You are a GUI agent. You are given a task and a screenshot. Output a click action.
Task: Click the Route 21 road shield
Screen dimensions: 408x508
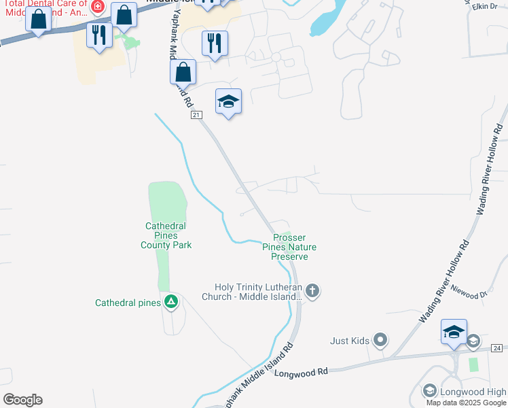196,116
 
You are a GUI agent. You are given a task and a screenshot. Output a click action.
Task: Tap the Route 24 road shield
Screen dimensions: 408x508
497,348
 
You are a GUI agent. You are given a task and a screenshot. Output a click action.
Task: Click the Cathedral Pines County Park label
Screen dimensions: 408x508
166,235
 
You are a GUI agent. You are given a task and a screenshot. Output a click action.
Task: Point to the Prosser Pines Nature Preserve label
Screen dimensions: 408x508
290,247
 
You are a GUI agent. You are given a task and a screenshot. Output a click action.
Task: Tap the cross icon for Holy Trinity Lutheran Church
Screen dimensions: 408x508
312,292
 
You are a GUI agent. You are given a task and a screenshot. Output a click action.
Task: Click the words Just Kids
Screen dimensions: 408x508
349,340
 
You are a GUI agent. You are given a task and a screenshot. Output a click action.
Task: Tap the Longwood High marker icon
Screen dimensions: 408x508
429,391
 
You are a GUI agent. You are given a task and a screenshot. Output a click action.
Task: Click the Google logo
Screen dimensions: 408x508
22,400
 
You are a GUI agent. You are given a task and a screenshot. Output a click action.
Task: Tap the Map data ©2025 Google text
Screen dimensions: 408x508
466,403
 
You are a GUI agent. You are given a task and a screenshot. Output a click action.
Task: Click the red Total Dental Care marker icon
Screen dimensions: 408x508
98,7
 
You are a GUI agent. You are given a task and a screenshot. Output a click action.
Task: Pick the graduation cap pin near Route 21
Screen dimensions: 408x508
229,102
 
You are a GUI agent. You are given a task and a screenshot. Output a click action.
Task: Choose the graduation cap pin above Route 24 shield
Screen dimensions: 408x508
454,332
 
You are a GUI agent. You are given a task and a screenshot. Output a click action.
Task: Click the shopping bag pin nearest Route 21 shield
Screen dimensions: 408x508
183,72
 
